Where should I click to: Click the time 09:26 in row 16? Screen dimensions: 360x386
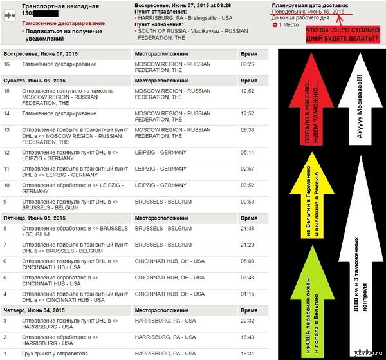point(248,64)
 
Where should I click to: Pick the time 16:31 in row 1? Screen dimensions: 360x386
point(248,354)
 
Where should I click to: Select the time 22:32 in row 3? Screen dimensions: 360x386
point(248,320)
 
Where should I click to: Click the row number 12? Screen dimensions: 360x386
point(7,153)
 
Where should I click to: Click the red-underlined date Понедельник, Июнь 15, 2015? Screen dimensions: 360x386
point(308,12)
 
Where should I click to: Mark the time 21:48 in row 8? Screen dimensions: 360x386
point(248,228)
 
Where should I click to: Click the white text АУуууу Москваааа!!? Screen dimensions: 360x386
point(354,97)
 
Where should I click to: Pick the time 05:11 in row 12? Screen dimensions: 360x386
point(248,153)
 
